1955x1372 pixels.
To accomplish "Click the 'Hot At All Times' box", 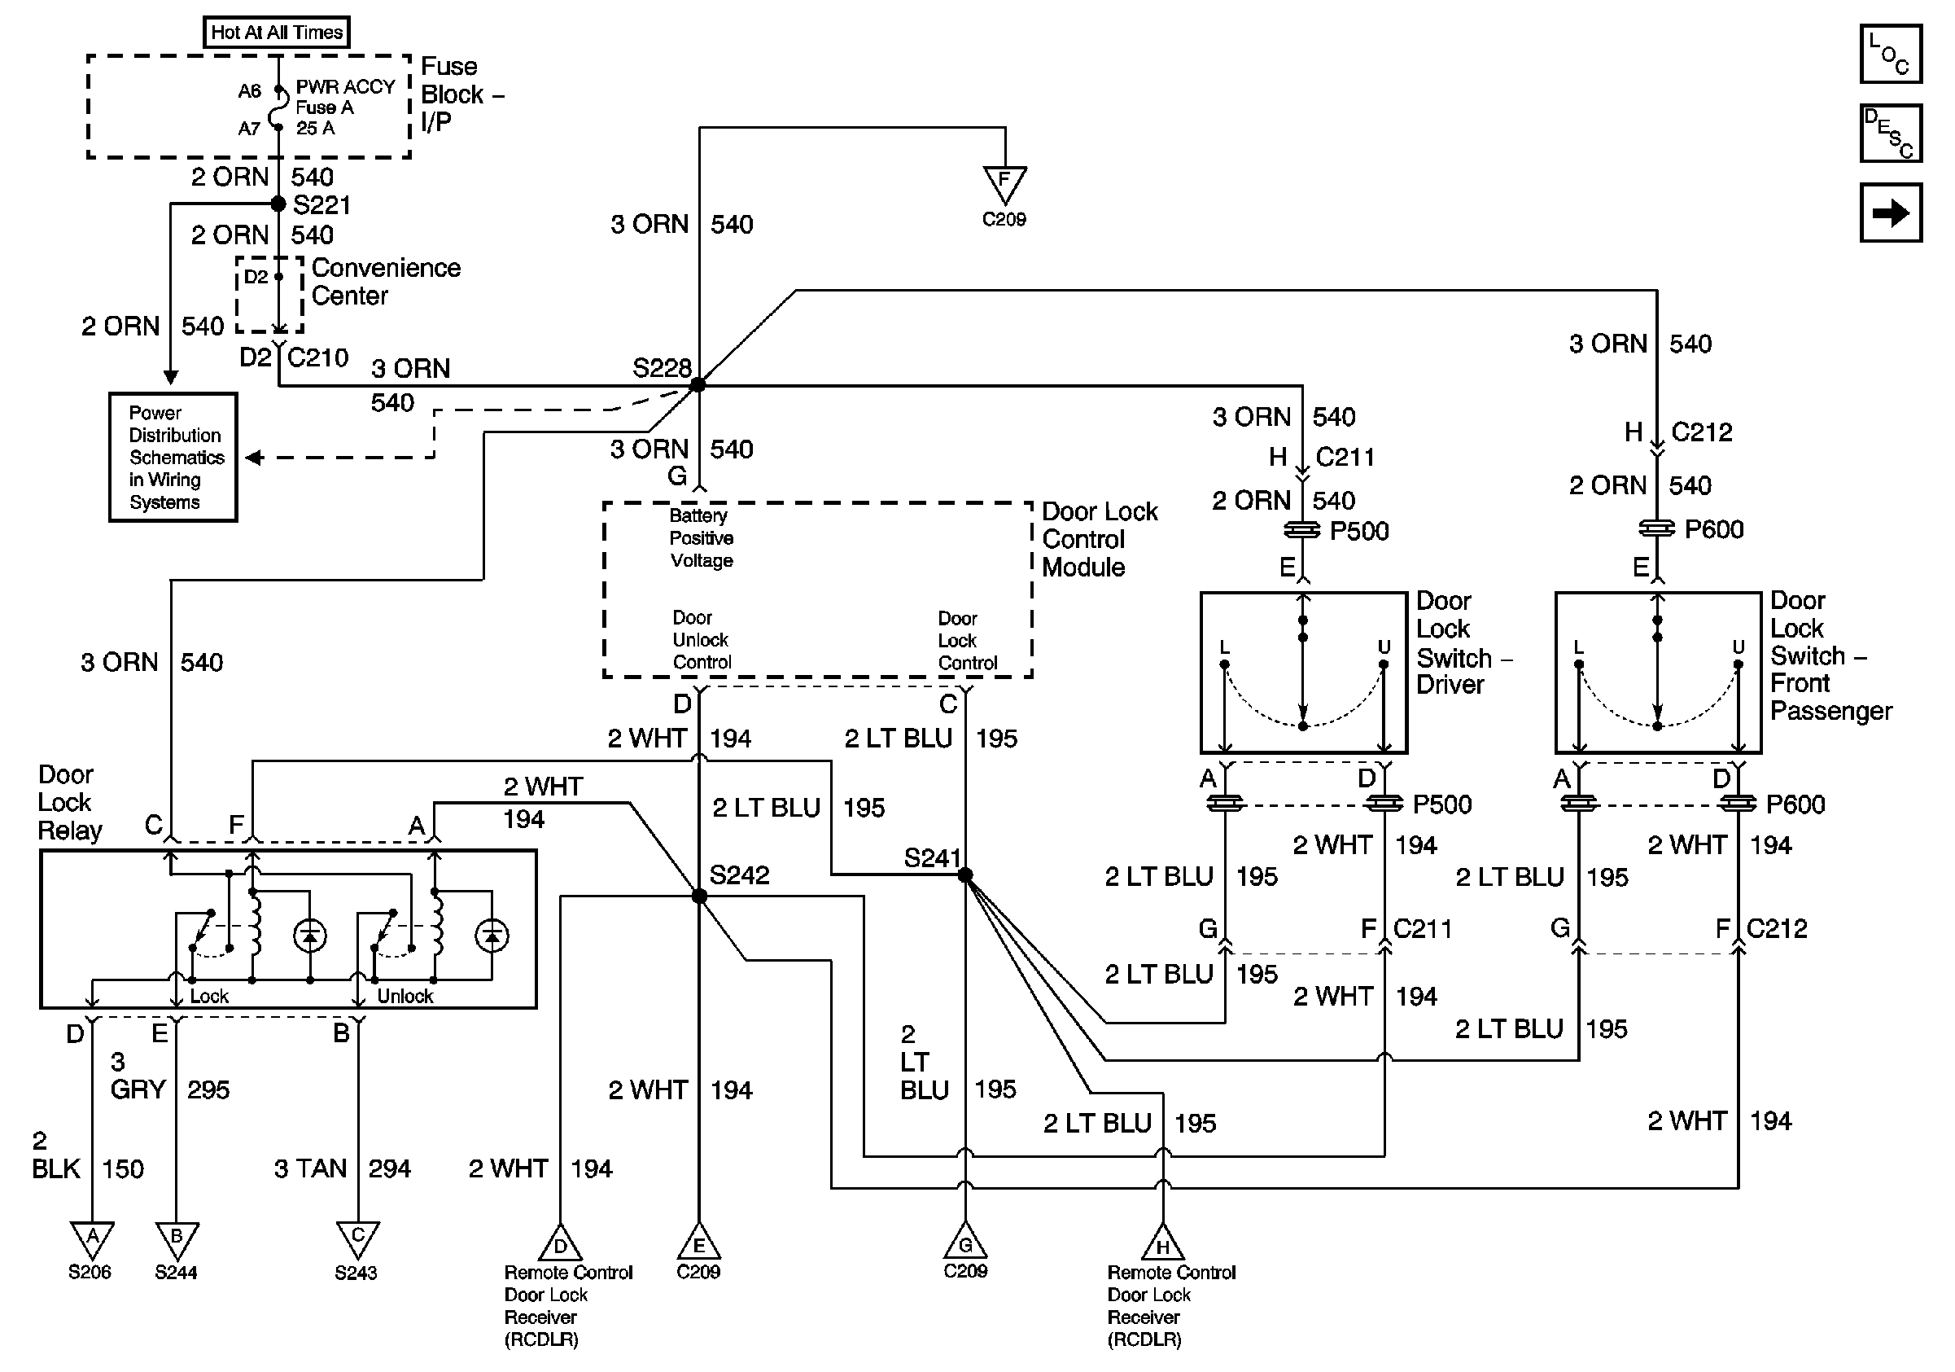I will (x=277, y=33).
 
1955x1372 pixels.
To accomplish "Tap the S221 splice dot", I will (x=278, y=204).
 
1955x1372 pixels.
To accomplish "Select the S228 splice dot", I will (x=698, y=385).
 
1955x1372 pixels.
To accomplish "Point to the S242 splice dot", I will (x=699, y=896).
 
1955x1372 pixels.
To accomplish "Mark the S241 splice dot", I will (x=964, y=874).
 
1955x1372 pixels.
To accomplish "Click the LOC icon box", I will (x=1890, y=54).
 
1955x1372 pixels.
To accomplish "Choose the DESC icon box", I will (x=1890, y=133).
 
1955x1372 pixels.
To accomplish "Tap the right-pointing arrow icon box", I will (x=1890, y=212).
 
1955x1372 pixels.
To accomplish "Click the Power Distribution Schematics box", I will (x=173, y=458).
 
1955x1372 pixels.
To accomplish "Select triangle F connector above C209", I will (x=1004, y=183).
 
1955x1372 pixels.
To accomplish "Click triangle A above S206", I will (x=92, y=1239).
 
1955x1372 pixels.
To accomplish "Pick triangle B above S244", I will (x=177, y=1239).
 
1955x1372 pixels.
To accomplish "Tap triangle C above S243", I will (x=357, y=1238).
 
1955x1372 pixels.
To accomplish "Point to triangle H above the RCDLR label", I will (x=1163, y=1244).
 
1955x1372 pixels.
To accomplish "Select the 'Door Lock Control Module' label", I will (x=1099, y=539).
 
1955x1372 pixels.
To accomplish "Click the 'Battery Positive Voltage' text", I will (x=701, y=538).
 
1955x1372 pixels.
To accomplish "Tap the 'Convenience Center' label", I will (x=386, y=282).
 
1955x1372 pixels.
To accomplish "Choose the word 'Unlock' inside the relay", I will (x=405, y=996).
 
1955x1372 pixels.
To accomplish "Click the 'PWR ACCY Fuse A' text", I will (x=344, y=97).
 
